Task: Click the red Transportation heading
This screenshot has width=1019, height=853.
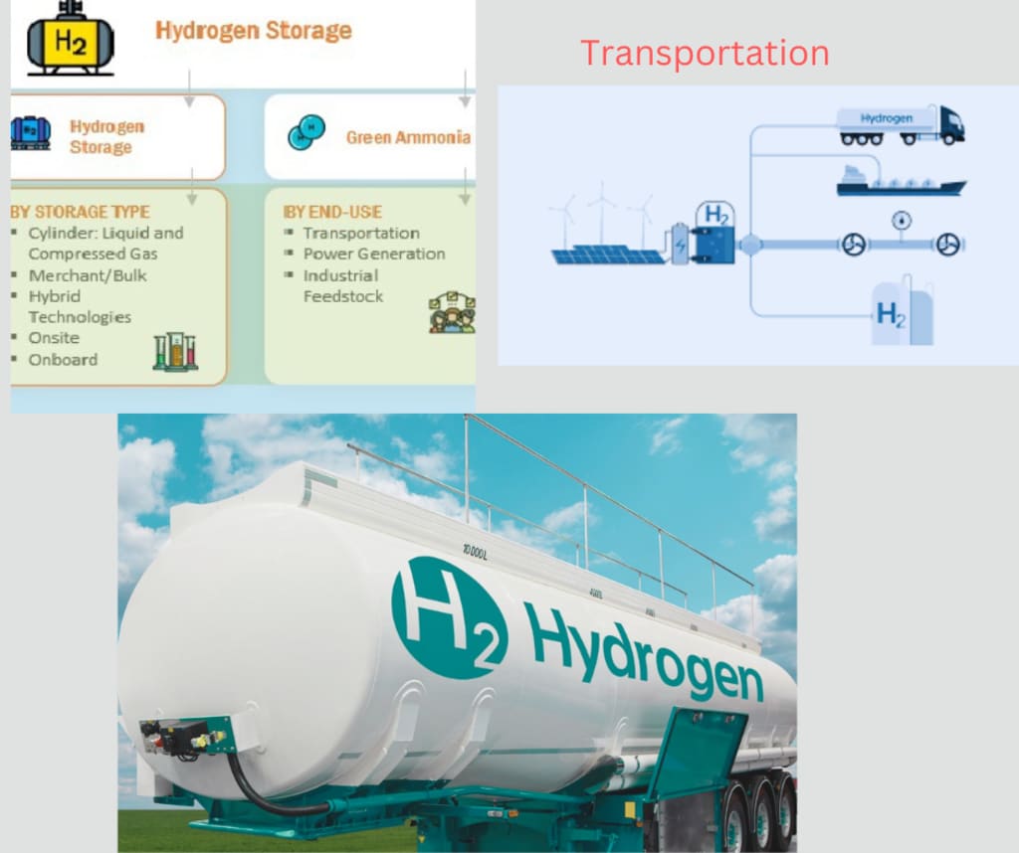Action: tap(705, 53)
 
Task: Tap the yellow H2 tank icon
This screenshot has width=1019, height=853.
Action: tap(71, 39)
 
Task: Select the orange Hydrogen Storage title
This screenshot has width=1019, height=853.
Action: tap(254, 31)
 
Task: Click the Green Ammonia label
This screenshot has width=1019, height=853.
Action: tap(408, 137)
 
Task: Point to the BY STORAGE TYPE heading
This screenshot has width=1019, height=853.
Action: tap(80, 212)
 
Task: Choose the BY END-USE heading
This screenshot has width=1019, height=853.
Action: tap(332, 212)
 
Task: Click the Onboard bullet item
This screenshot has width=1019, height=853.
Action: tap(63, 360)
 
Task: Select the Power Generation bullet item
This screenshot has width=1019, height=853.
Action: tap(374, 254)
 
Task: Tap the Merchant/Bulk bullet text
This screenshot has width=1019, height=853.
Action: tap(88, 276)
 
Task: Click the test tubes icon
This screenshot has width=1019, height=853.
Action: tap(175, 352)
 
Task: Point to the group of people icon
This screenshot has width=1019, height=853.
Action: tap(453, 312)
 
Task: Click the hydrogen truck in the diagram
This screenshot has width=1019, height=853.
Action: tap(900, 124)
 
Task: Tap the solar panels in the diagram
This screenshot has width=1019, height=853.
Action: tap(608, 255)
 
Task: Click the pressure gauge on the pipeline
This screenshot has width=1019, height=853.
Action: tap(902, 221)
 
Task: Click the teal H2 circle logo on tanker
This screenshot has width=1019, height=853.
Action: tap(450, 617)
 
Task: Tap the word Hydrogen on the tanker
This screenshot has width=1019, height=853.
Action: tap(644, 652)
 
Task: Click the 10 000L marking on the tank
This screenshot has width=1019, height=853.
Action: tap(475, 553)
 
